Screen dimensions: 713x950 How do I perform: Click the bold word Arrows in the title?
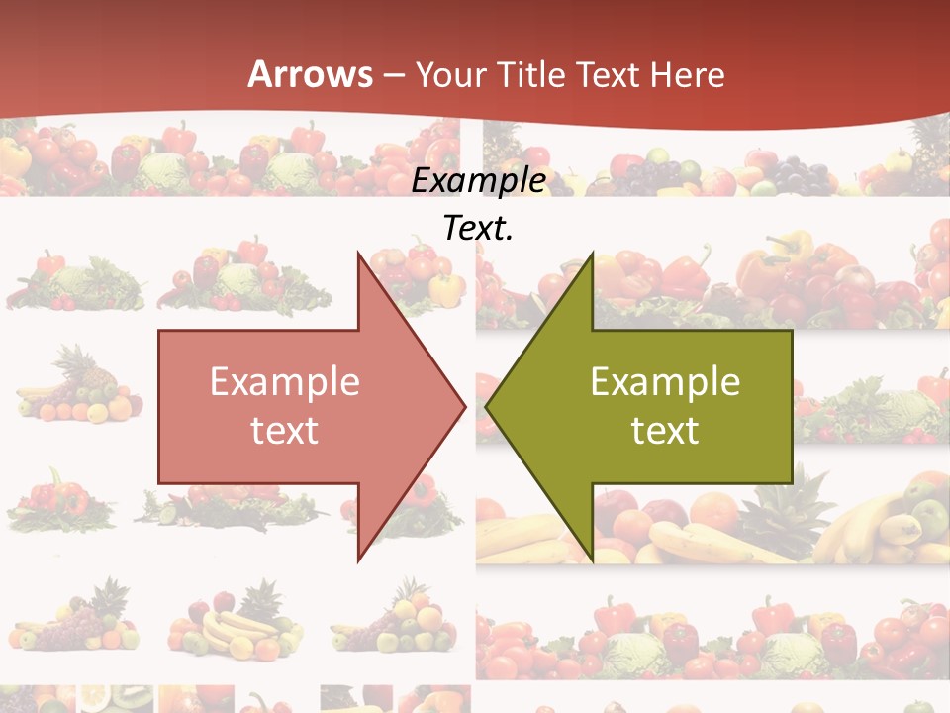[311, 74]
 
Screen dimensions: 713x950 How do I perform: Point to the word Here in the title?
[689, 74]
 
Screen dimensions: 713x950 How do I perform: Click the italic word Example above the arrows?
[479, 180]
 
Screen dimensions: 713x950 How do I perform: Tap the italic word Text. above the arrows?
[479, 228]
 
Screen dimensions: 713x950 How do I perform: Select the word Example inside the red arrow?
[285, 381]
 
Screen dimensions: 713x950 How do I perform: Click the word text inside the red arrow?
[285, 430]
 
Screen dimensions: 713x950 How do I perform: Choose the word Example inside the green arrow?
[665, 381]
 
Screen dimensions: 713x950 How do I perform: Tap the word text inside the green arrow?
[665, 430]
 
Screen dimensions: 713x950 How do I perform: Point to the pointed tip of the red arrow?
[465, 406]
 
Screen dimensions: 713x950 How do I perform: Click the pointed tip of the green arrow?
[486, 406]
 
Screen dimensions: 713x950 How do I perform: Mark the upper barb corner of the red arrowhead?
[358, 252]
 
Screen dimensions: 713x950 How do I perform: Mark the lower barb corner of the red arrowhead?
[358, 560]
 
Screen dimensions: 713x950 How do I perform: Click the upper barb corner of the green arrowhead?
[593, 252]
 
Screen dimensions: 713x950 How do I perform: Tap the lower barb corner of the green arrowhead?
[593, 560]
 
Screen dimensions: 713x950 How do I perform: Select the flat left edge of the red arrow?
[159, 406]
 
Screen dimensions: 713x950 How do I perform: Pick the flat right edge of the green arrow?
[792, 406]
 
